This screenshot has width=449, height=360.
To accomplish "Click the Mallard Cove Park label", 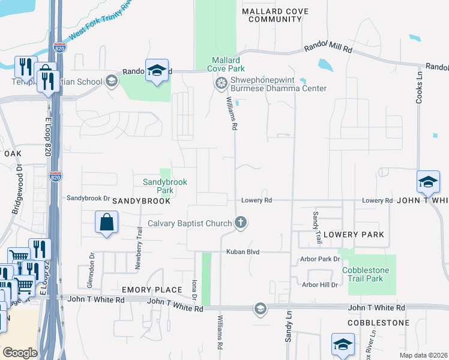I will click(224, 65).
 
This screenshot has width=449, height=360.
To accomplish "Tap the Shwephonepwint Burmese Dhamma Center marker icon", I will click(221, 82).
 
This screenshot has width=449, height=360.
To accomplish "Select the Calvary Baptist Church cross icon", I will click(241, 223).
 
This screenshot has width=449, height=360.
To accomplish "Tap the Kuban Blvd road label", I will click(243, 252).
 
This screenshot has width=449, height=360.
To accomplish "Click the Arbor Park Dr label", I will click(320, 259).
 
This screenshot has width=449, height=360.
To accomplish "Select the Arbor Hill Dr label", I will click(320, 284).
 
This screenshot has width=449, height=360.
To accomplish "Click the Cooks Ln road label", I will click(420, 84).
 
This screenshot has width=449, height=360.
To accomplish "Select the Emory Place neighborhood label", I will click(157, 290).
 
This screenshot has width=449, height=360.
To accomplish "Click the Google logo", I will click(20, 353).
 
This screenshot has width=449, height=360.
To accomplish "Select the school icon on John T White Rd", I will click(260, 308).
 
